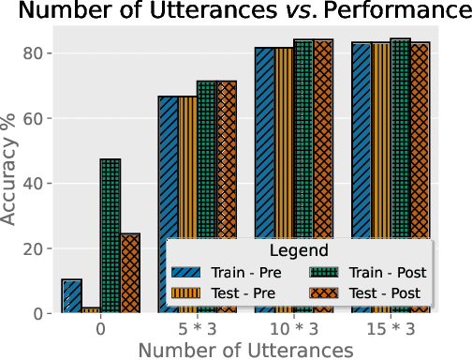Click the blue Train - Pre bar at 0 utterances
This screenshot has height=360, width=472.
tap(71, 296)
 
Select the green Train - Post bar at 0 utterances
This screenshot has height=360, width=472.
tap(111, 236)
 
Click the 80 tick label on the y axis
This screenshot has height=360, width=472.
tap(31, 53)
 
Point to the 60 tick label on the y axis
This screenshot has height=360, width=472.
tap(31, 119)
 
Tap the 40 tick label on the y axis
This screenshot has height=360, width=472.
tap(31, 184)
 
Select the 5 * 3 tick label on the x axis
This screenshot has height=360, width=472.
tap(197, 330)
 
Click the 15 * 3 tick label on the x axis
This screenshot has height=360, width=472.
tap(389, 330)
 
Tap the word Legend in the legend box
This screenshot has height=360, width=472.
tap(299, 251)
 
